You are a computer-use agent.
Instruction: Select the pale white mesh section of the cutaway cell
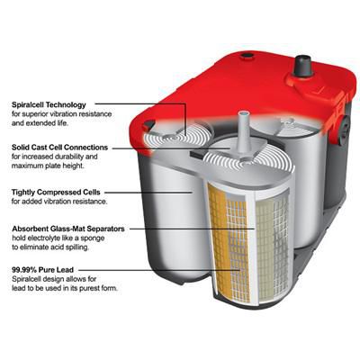266,243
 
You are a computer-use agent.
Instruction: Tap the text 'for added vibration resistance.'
54,201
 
